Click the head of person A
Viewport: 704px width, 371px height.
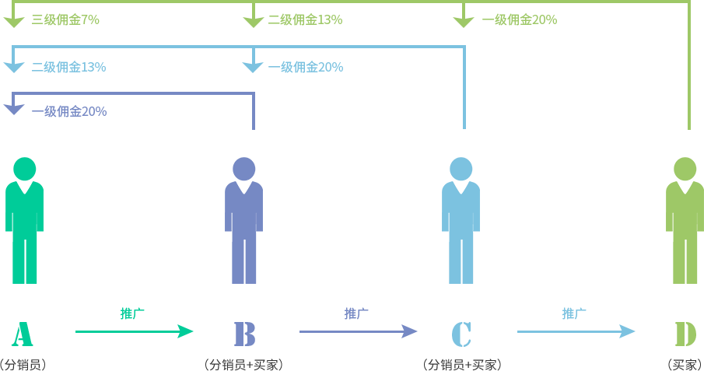[x=25, y=168]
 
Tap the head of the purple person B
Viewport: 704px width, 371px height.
[x=244, y=168]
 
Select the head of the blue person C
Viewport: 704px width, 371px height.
[x=461, y=168]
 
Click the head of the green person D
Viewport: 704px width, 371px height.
[x=685, y=168]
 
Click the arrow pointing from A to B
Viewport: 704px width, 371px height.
[x=134, y=332]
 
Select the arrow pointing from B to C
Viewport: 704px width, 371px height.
[x=358, y=332]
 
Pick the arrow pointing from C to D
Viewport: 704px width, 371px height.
[x=576, y=332]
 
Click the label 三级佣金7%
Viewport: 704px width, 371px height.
[x=65, y=20]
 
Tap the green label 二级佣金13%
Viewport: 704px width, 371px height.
[x=305, y=20]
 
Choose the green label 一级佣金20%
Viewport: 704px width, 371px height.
[x=519, y=20]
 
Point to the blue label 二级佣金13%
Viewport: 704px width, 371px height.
[x=68, y=67]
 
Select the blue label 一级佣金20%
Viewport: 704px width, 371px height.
[x=305, y=67]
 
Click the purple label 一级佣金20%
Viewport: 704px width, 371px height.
[x=68, y=111]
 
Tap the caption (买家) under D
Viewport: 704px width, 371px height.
[x=685, y=364]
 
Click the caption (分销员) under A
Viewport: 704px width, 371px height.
[x=23, y=364]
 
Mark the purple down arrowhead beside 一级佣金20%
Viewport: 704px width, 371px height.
[x=14, y=110]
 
